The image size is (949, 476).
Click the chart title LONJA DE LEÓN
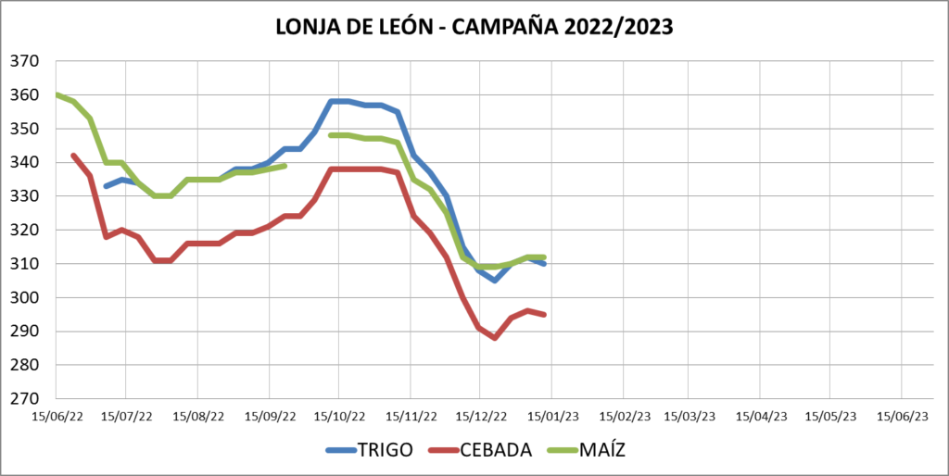click(x=351, y=28)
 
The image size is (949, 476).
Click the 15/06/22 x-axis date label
click(x=57, y=417)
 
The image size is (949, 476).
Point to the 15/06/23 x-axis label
click(x=902, y=417)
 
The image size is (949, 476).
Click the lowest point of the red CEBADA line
click(x=495, y=338)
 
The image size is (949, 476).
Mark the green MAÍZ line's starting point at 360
click(x=57, y=94)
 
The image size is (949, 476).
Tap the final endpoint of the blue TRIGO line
click(x=544, y=264)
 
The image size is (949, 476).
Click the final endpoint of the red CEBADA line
click(x=544, y=315)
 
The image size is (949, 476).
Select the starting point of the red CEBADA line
click(x=73, y=156)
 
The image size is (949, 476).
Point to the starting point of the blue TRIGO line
click(x=106, y=186)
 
